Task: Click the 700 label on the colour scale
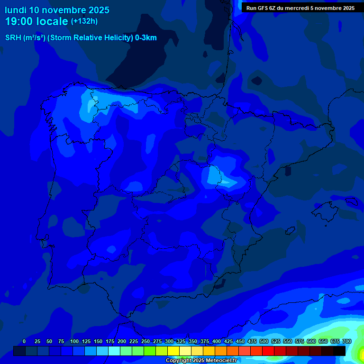coord(347,341)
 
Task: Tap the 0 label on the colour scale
coord(24,341)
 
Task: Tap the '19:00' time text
coord(19,21)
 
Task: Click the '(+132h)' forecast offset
coord(84,21)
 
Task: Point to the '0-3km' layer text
coord(146,38)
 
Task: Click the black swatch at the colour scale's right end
coord(339,351)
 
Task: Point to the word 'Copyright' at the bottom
coord(179,361)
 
